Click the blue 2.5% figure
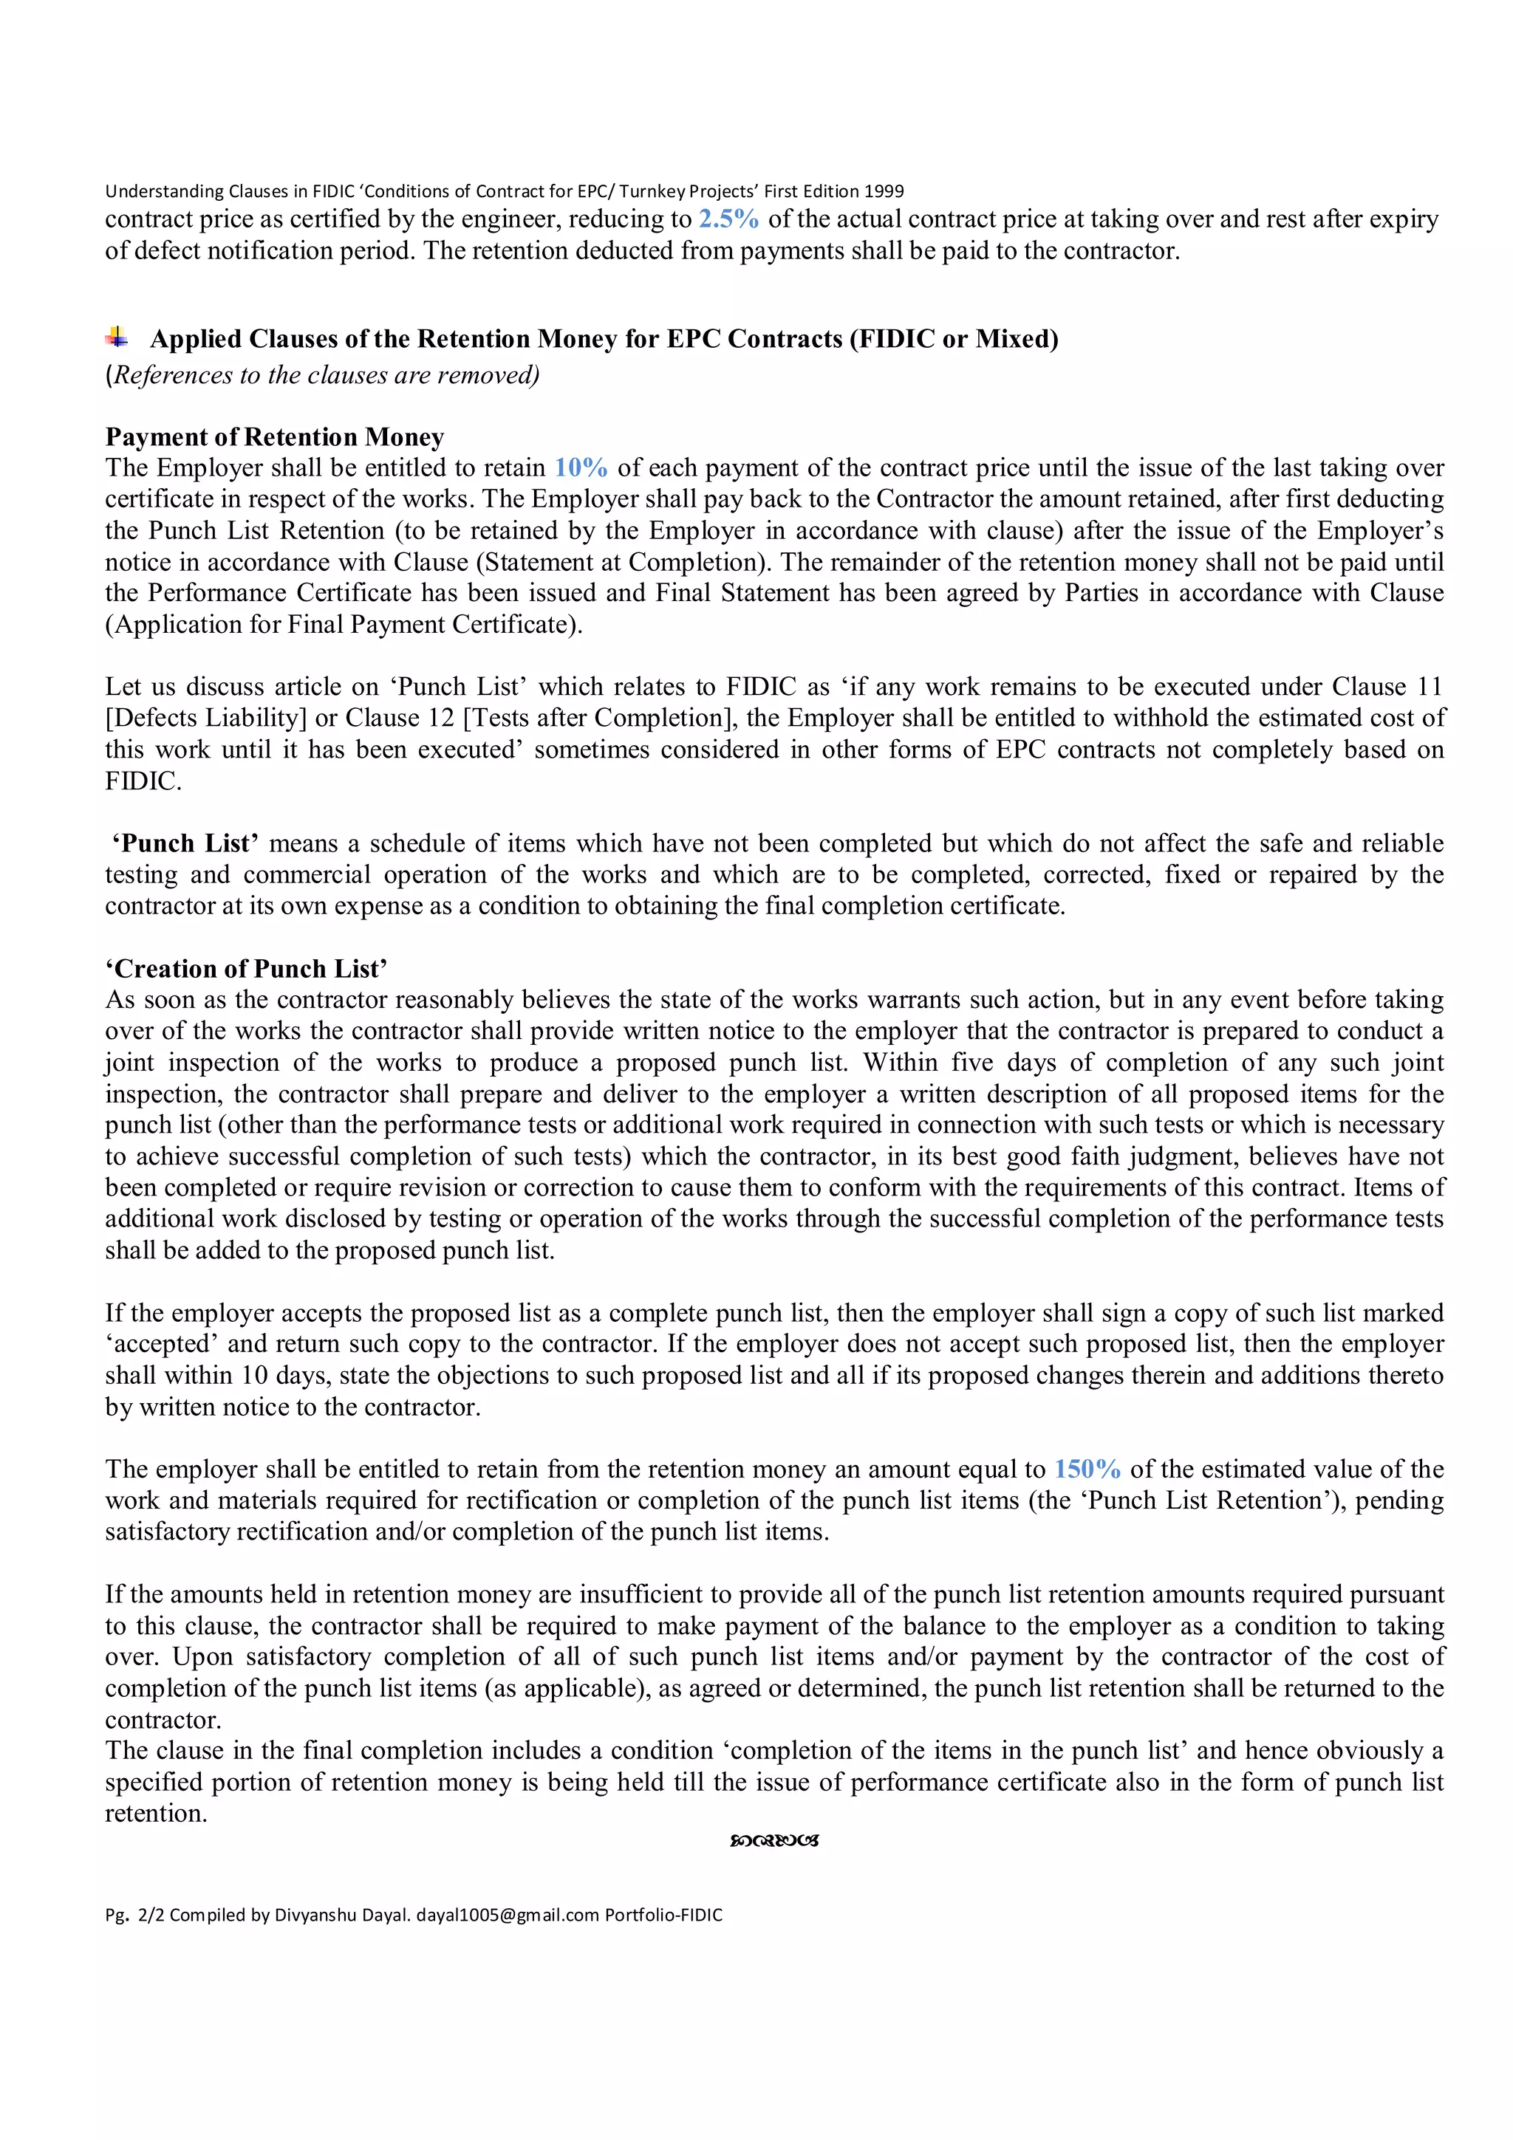click(728, 219)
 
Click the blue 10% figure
click(581, 468)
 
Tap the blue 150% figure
click(1087, 1469)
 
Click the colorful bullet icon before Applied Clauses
click(117, 337)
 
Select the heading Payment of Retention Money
click(274, 437)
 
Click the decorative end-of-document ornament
click(773, 1841)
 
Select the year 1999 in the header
click(884, 191)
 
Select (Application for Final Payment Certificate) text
click(343, 625)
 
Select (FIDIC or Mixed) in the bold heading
click(954, 338)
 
